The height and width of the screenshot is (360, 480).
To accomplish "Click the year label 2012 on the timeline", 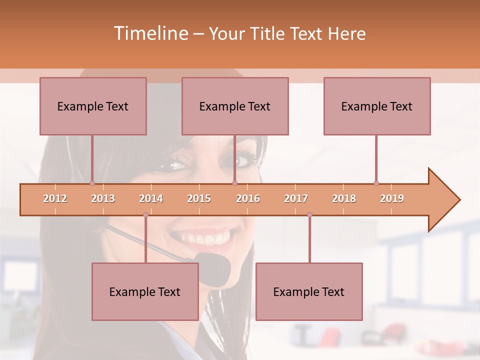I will (55, 198).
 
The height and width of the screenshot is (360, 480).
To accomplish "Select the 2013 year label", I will (103, 198).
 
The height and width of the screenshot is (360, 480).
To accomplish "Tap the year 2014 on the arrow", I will (151, 198).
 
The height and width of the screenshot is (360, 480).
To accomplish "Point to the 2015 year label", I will (199, 198).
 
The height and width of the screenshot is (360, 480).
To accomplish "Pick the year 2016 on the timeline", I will (248, 198).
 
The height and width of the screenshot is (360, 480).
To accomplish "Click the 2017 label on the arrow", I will (296, 198).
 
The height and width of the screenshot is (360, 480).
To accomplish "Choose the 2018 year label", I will (344, 198).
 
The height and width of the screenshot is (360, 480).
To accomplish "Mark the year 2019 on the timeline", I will (392, 198).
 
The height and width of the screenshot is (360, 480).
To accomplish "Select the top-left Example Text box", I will (93, 106).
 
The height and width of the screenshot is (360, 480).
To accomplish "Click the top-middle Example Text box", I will (235, 106).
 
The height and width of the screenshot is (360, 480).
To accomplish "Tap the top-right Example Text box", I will (377, 106).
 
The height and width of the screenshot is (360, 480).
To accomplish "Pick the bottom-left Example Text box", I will (145, 291).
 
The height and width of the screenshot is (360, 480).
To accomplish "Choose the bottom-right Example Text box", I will (309, 291).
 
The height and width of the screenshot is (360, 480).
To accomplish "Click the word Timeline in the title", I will (150, 33).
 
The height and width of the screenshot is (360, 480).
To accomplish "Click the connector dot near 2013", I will (92, 183).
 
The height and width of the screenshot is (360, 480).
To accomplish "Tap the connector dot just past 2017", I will (309, 215).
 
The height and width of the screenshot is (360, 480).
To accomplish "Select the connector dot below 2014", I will (145, 215).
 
